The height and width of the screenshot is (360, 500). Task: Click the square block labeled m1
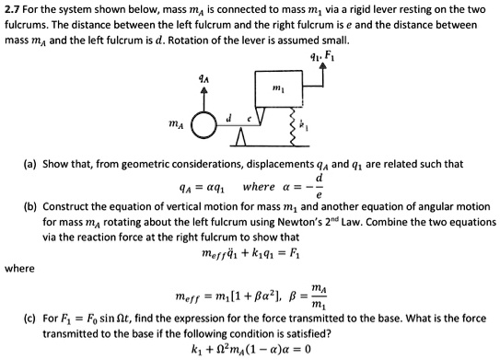point(277,87)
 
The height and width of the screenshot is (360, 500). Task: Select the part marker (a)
point(32,164)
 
